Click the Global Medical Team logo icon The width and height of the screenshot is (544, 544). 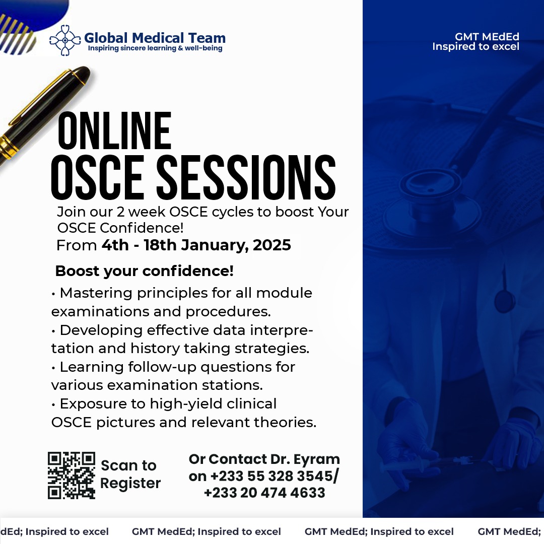(x=65, y=40)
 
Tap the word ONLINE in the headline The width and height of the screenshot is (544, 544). (x=114, y=131)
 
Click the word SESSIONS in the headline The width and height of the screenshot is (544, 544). (x=246, y=177)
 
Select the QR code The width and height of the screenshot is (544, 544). (x=72, y=475)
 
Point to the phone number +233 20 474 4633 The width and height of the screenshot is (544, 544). (x=264, y=493)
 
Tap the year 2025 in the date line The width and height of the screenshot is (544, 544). (x=271, y=245)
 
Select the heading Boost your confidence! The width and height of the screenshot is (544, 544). (x=145, y=271)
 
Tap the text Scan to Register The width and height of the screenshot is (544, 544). (x=130, y=474)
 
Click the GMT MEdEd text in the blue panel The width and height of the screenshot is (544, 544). (x=487, y=36)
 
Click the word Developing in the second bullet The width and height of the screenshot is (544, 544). (x=101, y=330)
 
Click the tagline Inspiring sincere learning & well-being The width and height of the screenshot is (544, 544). (x=155, y=48)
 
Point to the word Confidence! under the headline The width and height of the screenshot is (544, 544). (x=142, y=228)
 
